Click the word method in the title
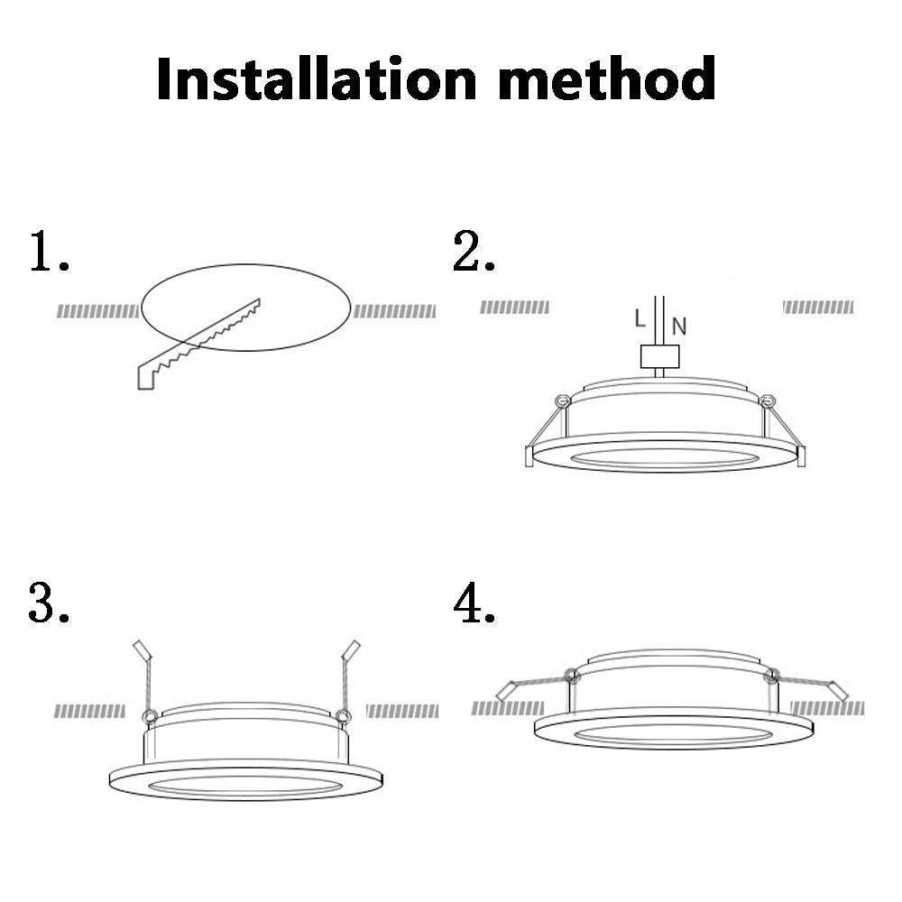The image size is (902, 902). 610,78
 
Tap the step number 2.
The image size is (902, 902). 473,252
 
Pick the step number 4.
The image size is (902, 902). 473,603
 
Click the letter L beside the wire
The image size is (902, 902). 640,318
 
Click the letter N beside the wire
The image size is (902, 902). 679,327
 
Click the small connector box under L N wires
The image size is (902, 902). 658,357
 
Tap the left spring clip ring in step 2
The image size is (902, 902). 560,400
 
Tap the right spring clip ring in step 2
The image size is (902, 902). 767,400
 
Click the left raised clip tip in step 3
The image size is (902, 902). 140,649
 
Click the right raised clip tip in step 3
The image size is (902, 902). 352,649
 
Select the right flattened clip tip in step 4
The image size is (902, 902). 838,690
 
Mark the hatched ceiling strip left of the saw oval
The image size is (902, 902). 97,311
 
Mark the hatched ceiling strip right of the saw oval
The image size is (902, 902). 394,311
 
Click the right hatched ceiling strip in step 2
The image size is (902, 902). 817,308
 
